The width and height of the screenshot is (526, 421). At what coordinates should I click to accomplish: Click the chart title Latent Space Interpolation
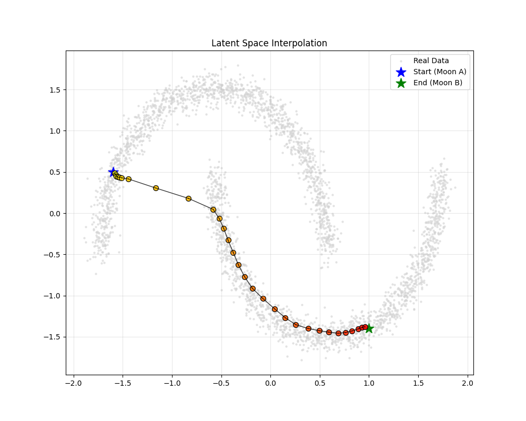(x=269, y=43)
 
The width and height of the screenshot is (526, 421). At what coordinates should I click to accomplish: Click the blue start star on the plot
(x=113, y=172)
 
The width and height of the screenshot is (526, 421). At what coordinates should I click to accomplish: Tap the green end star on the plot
(x=369, y=328)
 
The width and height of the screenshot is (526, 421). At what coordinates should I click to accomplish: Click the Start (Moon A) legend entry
(x=440, y=72)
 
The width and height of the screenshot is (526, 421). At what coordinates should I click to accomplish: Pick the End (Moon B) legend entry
(x=438, y=83)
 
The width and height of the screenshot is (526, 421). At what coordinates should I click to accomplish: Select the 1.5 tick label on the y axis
(x=54, y=90)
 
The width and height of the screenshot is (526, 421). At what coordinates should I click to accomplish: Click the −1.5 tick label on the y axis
(x=52, y=337)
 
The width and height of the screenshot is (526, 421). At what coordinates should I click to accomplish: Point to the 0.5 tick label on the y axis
(x=54, y=172)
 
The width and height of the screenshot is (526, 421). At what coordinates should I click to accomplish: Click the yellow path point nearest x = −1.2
(x=156, y=188)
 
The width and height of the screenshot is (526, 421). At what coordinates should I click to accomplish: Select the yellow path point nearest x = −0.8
(x=188, y=198)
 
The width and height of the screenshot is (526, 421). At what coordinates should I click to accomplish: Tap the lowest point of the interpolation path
(x=338, y=333)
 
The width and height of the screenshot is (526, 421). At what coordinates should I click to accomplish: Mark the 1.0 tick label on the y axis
(x=54, y=131)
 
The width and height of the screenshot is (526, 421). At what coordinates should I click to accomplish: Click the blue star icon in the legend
(x=401, y=72)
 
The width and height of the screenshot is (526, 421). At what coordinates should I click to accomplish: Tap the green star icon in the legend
(x=401, y=83)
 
